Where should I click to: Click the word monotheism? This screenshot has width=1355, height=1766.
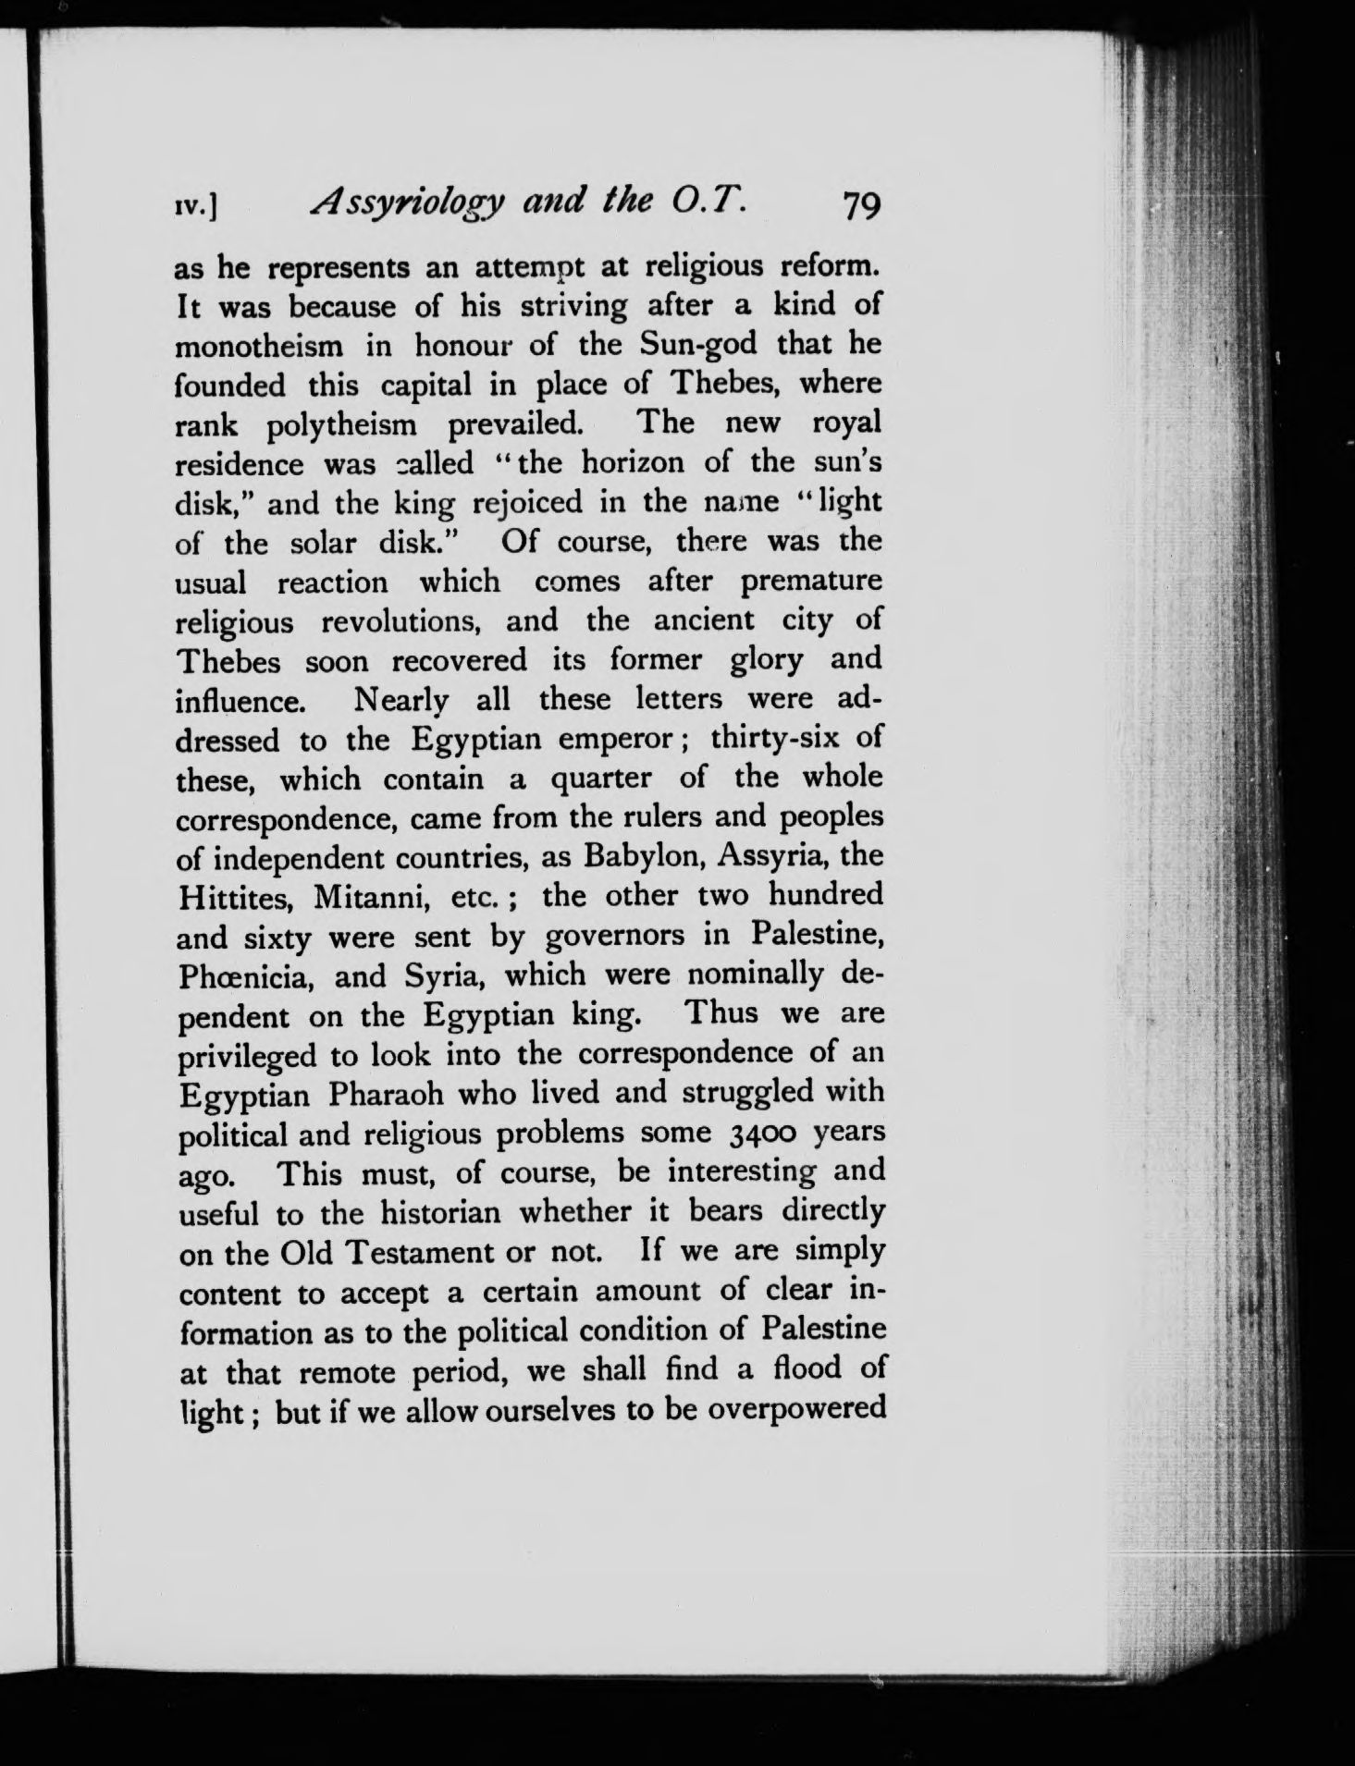[x=260, y=346]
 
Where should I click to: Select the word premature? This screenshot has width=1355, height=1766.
[x=811, y=583]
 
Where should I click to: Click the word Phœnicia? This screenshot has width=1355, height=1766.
[x=245, y=976]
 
